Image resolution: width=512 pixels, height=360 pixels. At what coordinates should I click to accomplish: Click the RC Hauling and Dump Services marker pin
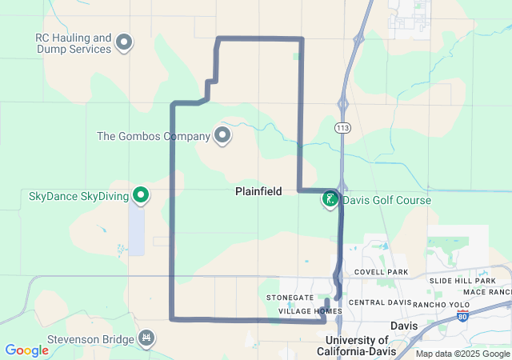(x=124, y=41)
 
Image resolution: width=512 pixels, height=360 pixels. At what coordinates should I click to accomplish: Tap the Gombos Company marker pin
(x=222, y=135)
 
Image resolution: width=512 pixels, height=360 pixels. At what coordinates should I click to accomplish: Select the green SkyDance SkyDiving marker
(x=141, y=194)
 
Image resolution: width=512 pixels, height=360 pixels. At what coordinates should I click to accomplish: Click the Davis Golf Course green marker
(x=330, y=199)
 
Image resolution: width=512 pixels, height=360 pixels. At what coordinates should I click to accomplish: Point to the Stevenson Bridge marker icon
(x=146, y=339)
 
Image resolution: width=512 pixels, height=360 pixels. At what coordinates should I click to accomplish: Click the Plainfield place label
(x=258, y=192)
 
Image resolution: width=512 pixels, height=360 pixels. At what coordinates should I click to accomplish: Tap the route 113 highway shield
(x=342, y=128)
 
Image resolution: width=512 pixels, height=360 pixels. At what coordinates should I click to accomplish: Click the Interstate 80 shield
(x=463, y=317)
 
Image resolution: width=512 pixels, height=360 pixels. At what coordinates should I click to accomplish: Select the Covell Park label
(x=386, y=273)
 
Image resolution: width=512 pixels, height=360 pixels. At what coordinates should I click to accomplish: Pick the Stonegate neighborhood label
(x=290, y=298)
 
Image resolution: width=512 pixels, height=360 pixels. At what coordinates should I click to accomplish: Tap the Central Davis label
(x=379, y=303)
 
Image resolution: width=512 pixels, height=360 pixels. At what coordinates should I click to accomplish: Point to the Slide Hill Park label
(x=462, y=281)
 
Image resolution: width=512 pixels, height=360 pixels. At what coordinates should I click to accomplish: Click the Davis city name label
(x=404, y=326)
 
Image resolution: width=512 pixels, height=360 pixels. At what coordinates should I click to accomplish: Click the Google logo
(x=26, y=350)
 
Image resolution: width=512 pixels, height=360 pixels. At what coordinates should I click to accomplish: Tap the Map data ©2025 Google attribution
(x=462, y=354)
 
